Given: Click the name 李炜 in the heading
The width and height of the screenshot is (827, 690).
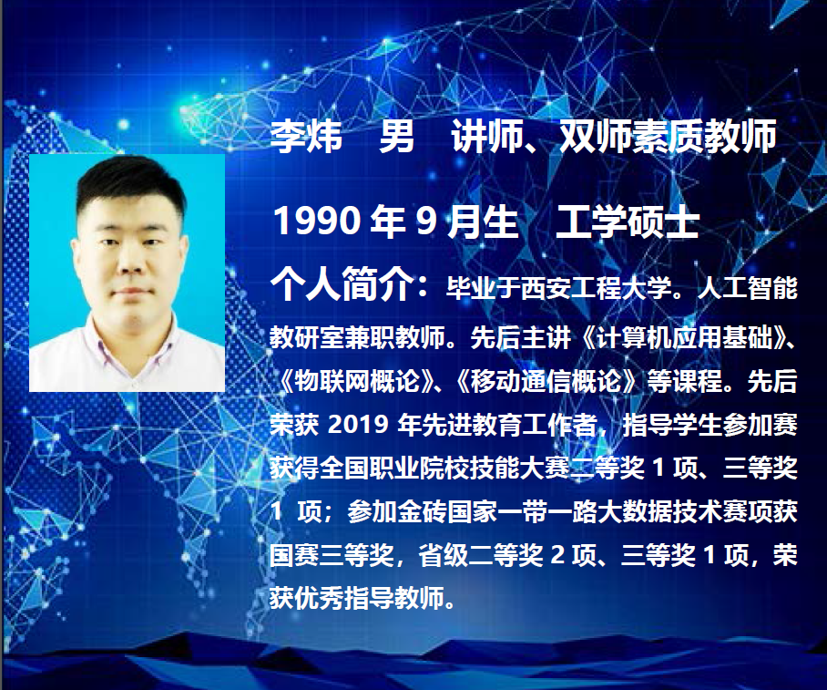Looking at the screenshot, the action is pyautogui.click(x=306, y=136).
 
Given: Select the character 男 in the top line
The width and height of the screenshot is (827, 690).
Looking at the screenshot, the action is pyautogui.click(x=396, y=136).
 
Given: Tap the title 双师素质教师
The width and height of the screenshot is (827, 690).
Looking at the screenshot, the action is pyautogui.click(x=668, y=136).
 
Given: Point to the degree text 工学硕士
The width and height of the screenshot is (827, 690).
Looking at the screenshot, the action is pyautogui.click(x=628, y=221).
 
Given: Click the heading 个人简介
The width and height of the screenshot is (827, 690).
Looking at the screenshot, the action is pyautogui.click(x=342, y=284).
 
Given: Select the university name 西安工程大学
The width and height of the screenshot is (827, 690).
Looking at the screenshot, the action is pyautogui.click(x=596, y=288).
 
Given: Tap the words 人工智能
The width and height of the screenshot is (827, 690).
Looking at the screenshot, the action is pyautogui.click(x=748, y=288).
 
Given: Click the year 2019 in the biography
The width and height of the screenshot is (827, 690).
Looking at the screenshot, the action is pyautogui.click(x=358, y=425).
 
